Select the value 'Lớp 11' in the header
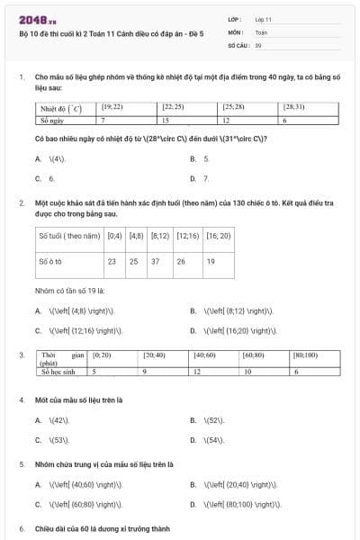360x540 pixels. point(264,18)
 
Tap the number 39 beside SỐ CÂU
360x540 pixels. point(258,43)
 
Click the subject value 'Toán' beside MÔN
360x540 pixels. point(261,31)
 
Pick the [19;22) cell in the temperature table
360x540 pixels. point(112,107)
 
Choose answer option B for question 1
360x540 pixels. point(205,158)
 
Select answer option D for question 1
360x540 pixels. point(205,178)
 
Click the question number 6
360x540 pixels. point(22,528)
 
